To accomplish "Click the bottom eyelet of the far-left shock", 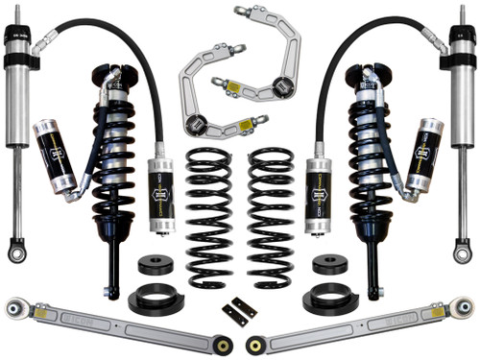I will (16, 254).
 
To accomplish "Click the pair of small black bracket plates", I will (240, 313).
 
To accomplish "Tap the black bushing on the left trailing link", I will (223, 344).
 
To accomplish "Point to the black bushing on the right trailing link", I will (255, 344).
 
